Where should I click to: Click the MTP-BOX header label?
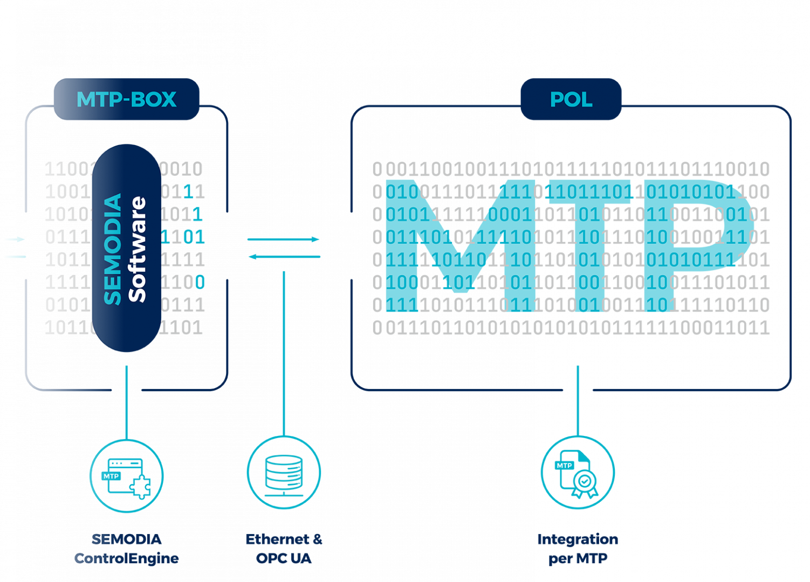[x=126, y=100]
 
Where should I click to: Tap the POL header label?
[x=571, y=100]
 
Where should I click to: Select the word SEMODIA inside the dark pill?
[x=113, y=249]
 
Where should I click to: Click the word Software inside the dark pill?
[x=138, y=249]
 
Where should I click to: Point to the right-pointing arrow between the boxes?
[x=284, y=239]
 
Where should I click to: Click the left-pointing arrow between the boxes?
[x=284, y=257]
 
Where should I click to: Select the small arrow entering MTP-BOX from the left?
[x=15, y=239]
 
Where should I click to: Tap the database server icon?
[x=284, y=473]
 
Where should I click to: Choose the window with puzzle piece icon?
[x=126, y=476]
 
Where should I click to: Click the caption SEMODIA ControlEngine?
[x=126, y=549]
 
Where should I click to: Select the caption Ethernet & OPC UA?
[x=284, y=549]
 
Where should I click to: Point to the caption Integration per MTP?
[x=578, y=549]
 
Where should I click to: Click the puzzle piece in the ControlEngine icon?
[x=141, y=488]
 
